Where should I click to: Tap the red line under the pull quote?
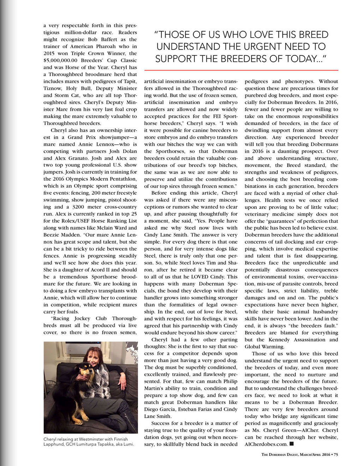(x=241, y=70)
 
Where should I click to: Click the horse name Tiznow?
(x=53, y=88)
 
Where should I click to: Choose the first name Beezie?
(x=53, y=235)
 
